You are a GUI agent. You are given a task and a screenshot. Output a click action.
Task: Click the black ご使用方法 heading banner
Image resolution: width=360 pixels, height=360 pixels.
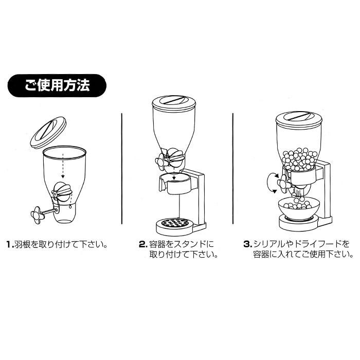click(57, 85)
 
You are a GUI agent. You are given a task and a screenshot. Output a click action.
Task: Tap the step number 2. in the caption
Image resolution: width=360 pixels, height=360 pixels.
click(143, 244)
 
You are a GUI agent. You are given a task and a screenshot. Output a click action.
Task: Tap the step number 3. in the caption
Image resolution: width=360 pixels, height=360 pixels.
click(247, 244)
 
